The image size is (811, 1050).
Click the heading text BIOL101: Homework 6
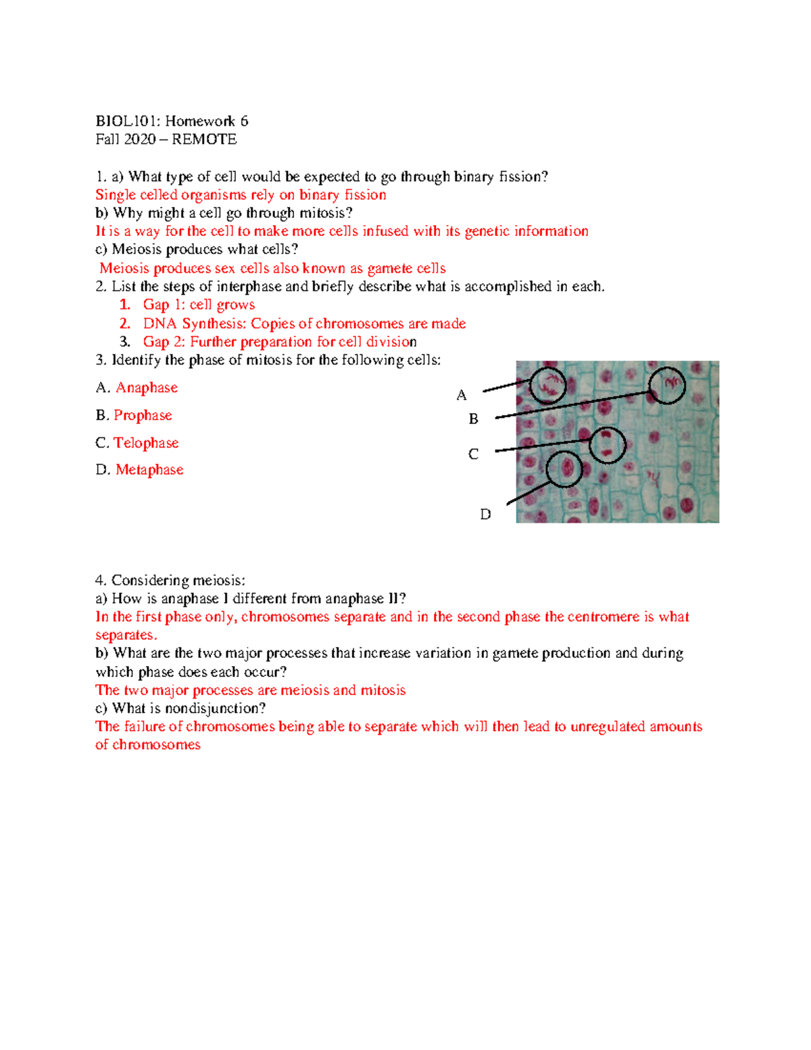pyautogui.click(x=172, y=121)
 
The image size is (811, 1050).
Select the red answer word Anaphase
pyautogui.click(x=147, y=387)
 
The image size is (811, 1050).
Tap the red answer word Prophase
pyautogui.click(x=143, y=415)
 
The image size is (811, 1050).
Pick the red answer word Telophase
pyautogui.click(x=146, y=443)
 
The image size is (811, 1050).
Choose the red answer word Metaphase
pyautogui.click(x=149, y=469)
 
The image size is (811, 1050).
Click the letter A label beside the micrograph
pyautogui.click(x=462, y=396)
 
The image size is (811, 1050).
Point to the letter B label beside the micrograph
pyautogui.click(x=474, y=419)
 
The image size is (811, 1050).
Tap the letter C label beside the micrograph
pyautogui.click(x=474, y=454)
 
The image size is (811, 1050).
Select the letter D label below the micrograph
pyautogui.click(x=485, y=515)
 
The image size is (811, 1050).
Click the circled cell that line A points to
pyautogui.click(x=547, y=386)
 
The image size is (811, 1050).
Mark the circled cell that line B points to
pyautogui.click(x=667, y=385)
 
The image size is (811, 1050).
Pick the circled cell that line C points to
pyautogui.click(x=607, y=445)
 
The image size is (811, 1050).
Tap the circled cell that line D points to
pyautogui.click(x=564, y=469)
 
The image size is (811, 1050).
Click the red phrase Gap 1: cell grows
pyautogui.click(x=199, y=305)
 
